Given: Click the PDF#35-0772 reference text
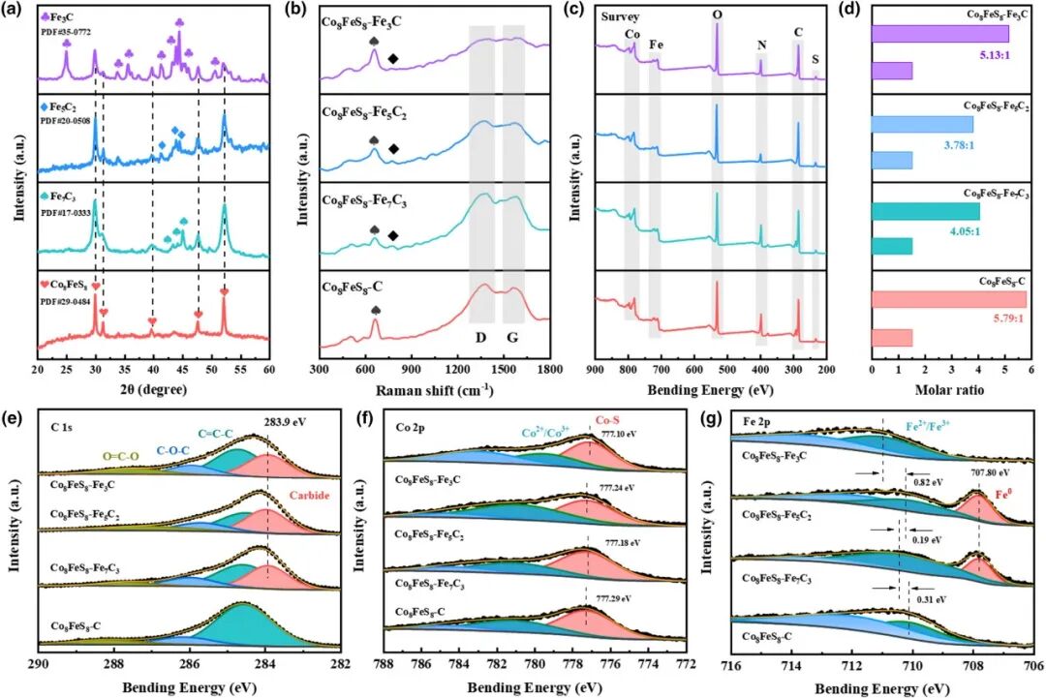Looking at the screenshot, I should pos(65,32).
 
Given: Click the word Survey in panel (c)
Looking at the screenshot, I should pos(618,17).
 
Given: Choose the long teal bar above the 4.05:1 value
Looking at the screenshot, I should pos(926,211).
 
